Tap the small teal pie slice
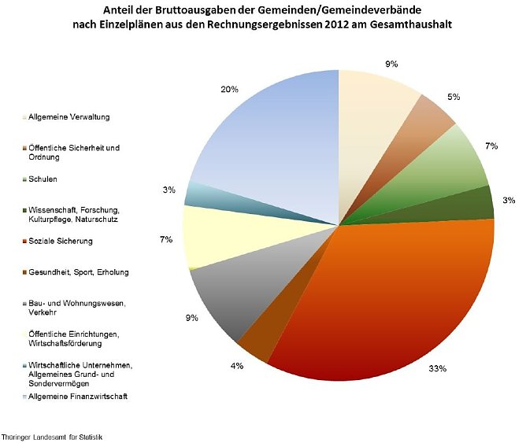(x=197, y=194)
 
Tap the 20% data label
(x=230, y=89)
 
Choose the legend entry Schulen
(x=43, y=179)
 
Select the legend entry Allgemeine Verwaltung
(x=69, y=117)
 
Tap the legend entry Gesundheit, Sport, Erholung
(x=78, y=272)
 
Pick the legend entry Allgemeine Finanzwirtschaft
(x=77, y=397)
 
